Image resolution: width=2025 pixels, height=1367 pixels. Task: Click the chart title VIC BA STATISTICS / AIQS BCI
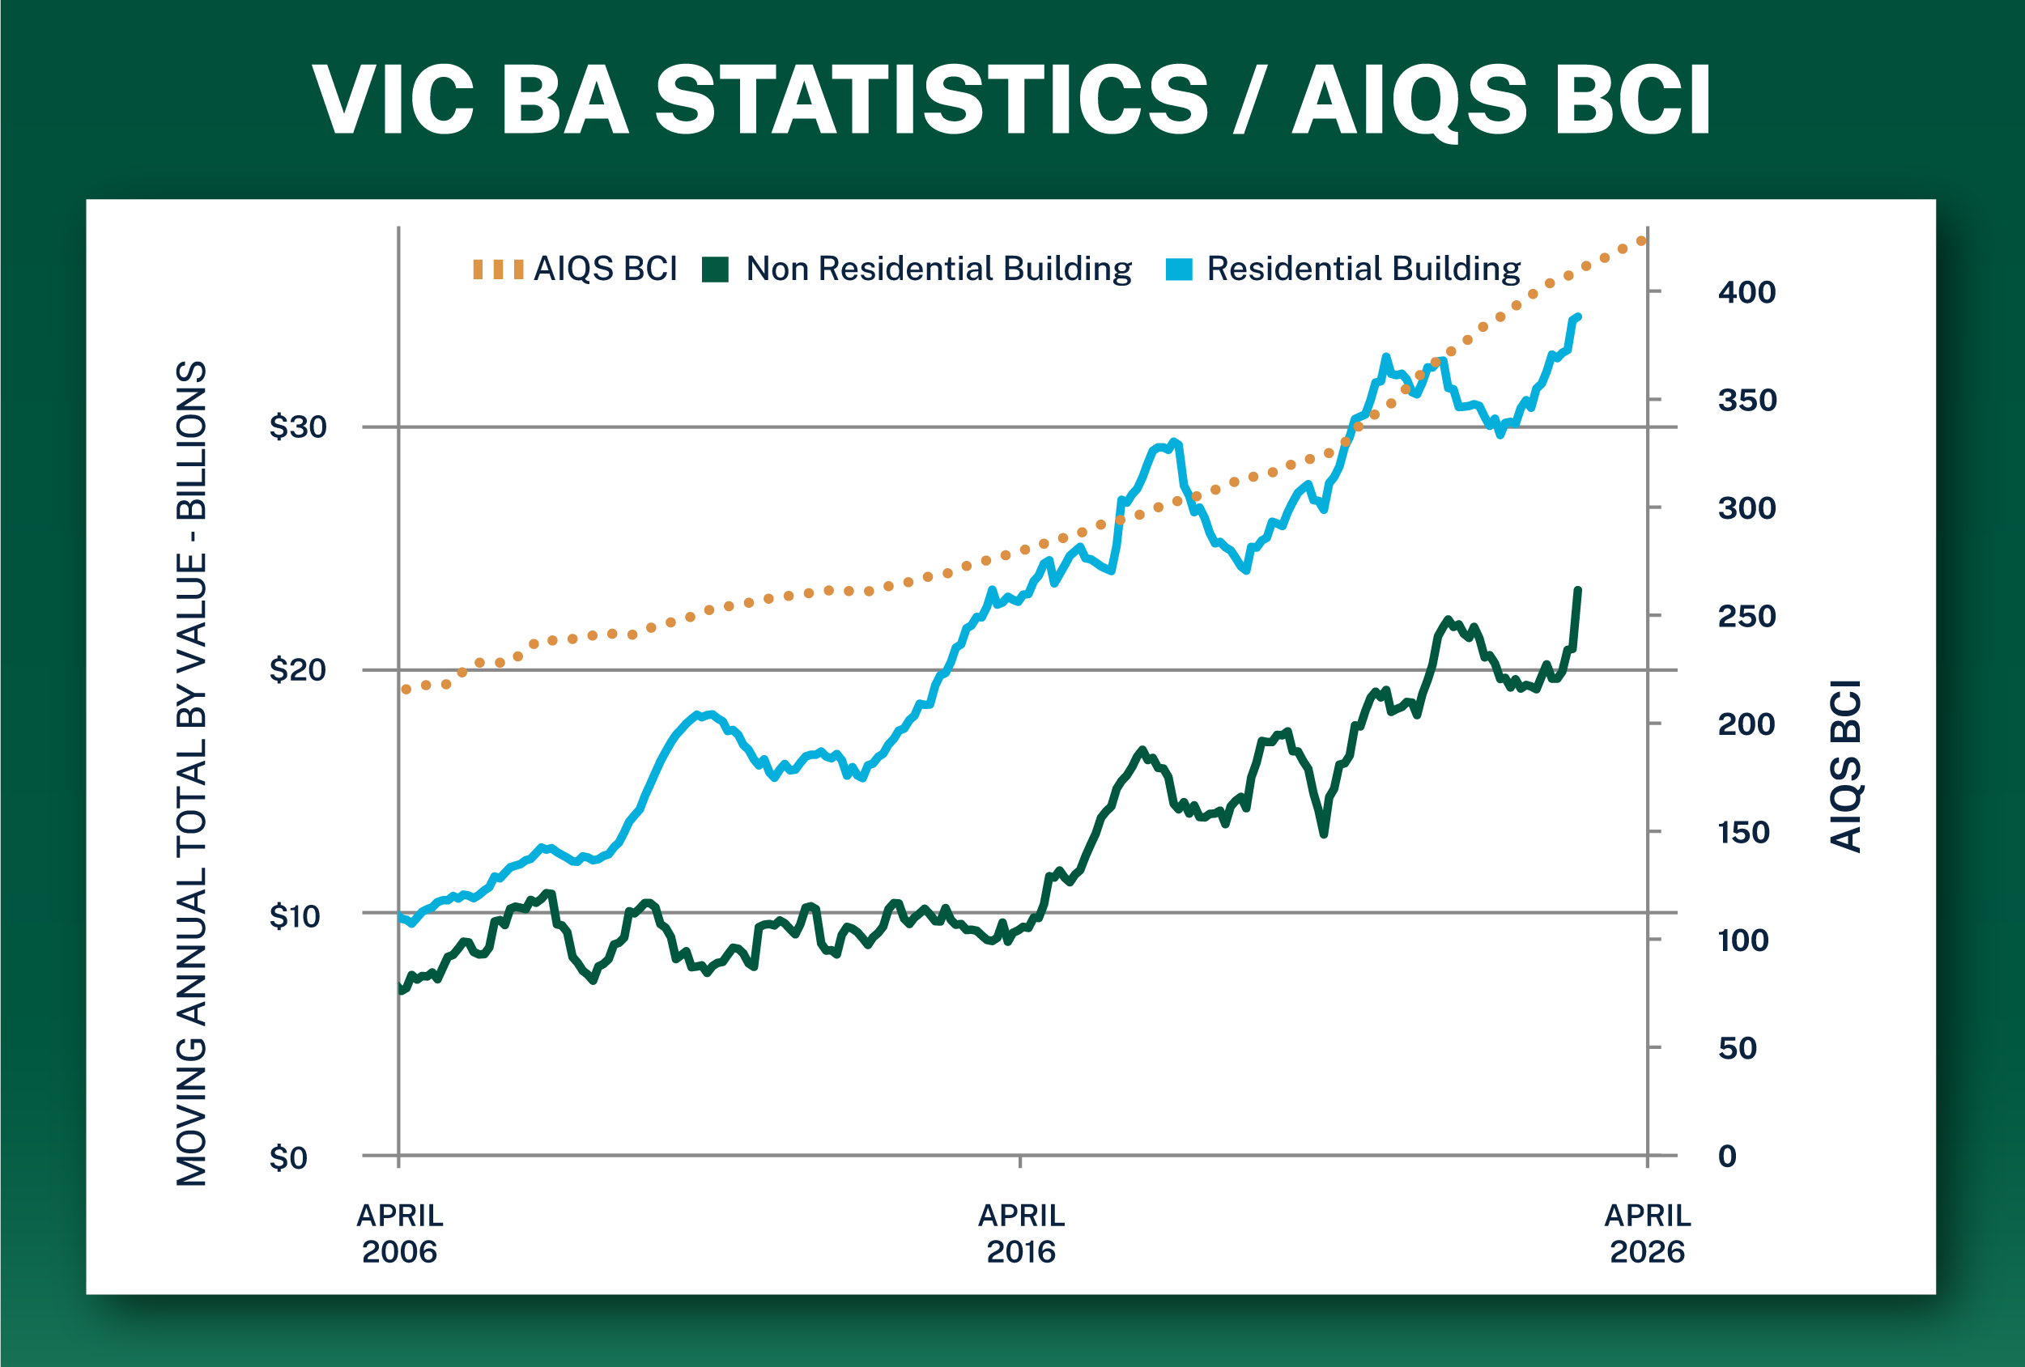(1011, 100)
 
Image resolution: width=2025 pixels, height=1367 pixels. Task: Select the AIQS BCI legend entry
(575, 269)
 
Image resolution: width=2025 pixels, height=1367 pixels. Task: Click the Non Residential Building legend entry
(917, 269)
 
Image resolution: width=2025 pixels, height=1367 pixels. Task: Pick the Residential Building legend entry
(1342, 269)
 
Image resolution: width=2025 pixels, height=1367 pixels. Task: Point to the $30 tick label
(298, 426)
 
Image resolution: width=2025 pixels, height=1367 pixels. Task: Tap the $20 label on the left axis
(298, 669)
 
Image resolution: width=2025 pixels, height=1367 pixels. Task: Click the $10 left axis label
(295, 915)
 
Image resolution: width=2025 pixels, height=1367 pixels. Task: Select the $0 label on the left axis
(288, 1158)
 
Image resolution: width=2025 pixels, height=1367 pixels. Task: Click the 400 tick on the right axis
(1747, 292)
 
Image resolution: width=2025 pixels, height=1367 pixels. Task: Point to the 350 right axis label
(1747, 400)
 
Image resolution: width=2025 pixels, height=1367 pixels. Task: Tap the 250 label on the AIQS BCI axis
(1747, 616)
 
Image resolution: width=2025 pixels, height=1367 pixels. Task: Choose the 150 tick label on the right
(1743, 832)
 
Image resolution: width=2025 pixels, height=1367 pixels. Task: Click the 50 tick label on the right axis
(1738, 1047)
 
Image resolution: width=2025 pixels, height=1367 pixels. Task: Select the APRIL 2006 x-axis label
(400, 1233)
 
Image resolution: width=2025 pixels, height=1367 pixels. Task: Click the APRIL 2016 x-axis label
(1021, 1233)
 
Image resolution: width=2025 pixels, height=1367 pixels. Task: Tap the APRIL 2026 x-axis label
(1648, 1233)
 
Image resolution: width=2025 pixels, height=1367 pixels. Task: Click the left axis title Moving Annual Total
(192, 773)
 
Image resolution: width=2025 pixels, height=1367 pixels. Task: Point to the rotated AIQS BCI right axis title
(1844, 766)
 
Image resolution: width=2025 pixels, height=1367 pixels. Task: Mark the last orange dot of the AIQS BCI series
(1641, 241)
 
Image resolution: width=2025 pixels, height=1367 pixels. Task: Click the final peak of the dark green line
(1577, 591)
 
